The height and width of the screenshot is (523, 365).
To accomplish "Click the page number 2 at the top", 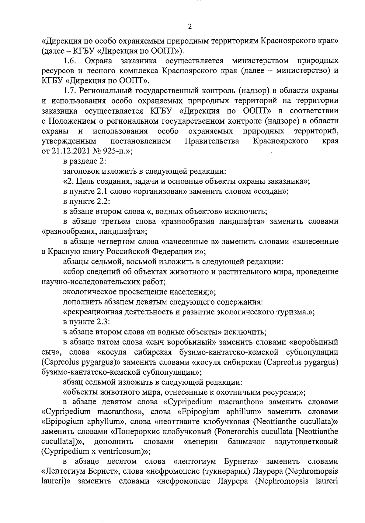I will click(190, 27).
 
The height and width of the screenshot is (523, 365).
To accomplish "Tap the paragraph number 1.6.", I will click(70, 61).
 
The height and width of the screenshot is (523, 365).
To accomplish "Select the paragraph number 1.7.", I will click(70, 91).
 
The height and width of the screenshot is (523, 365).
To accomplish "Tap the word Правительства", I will click(212, 141).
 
